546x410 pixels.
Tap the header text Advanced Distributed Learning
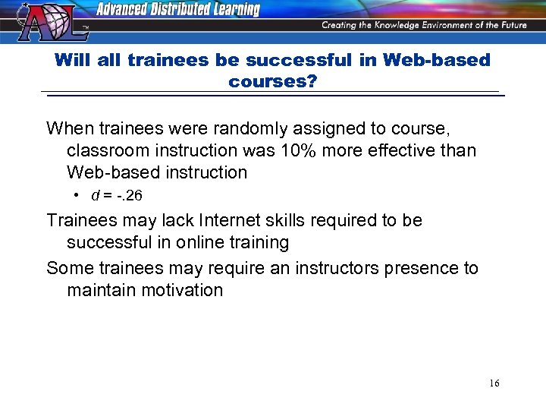[x=177, y=10]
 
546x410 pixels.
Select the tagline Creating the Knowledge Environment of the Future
[x=425, y=25]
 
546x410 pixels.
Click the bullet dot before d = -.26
[x=77, y=196]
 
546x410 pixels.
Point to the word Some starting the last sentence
[x=67, y=268]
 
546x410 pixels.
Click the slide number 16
[x=494, y=383]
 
